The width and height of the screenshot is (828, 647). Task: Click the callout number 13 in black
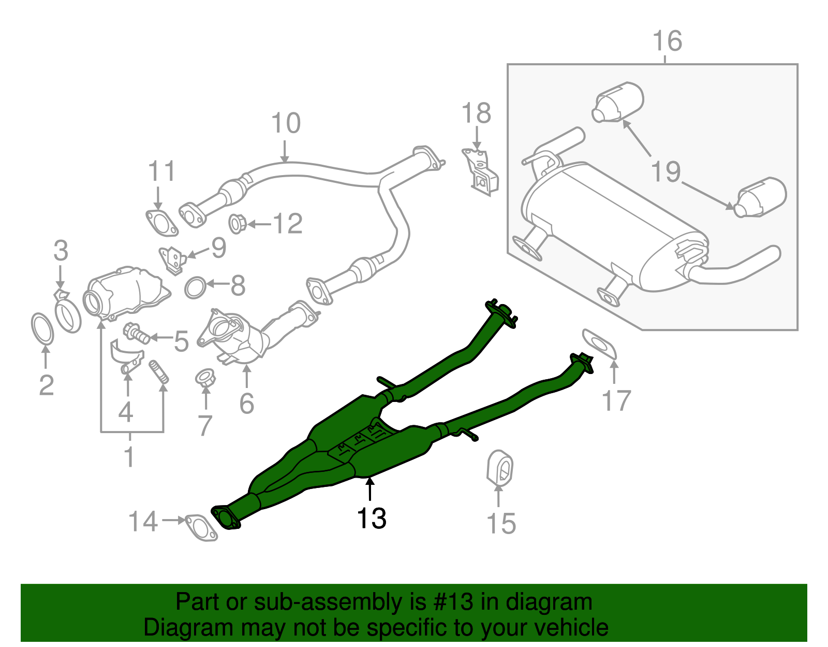click(372, 519)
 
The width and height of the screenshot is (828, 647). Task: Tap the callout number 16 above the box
click(667, 41)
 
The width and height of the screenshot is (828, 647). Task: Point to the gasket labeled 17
click(600, 344)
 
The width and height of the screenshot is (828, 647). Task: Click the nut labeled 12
click(238, 223)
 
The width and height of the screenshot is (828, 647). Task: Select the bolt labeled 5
click(136, 333)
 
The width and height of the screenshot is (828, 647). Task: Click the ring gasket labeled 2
click(42, 328)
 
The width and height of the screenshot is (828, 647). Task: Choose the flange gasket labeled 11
click(161, 222)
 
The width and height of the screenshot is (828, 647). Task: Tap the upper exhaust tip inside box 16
click(618, 102)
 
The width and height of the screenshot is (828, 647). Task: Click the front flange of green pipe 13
click(226, 519)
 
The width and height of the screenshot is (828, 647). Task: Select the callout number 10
click(285, 123)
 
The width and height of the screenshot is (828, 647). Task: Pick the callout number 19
click(666, 171)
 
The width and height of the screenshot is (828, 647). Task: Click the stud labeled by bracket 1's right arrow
click(159, 372)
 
